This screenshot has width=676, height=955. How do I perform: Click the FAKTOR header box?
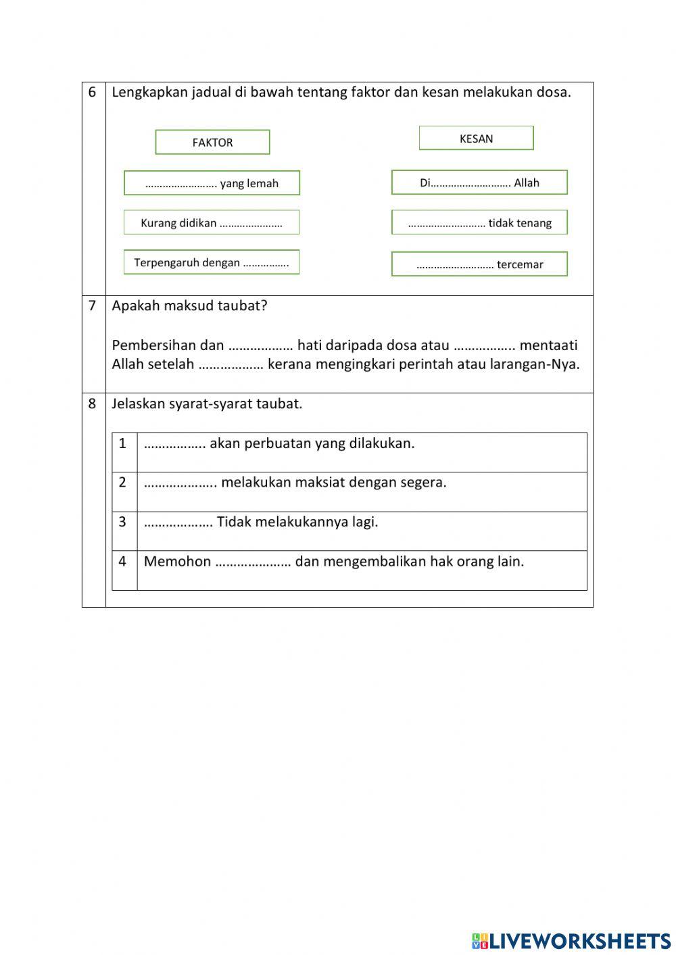coord(212,143)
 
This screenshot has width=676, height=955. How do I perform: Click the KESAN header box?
coord(476,139)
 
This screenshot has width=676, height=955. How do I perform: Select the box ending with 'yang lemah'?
coord(212,183)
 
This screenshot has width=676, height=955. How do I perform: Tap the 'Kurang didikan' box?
coord(212,223)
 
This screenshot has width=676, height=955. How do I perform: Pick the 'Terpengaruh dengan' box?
coord(212,263)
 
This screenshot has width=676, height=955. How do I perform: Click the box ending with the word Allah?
coord(479,182)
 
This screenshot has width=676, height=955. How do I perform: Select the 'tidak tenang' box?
coord(479,223)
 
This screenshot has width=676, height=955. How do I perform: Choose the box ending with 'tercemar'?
coord(479,264)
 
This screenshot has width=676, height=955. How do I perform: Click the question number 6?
coord(93,93)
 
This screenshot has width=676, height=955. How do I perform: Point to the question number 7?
coord(93,305)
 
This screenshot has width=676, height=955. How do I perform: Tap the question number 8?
coord(93,404)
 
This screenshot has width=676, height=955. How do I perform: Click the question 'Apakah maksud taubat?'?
coord(189,305)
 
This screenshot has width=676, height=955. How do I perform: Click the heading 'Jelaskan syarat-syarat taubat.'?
coord(207,404)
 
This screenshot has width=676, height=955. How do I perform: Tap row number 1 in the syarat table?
coord(122,444)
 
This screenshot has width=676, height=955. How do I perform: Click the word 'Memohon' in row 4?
coord(177,562)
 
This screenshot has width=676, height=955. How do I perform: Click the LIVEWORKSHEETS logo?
coord(571,941)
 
